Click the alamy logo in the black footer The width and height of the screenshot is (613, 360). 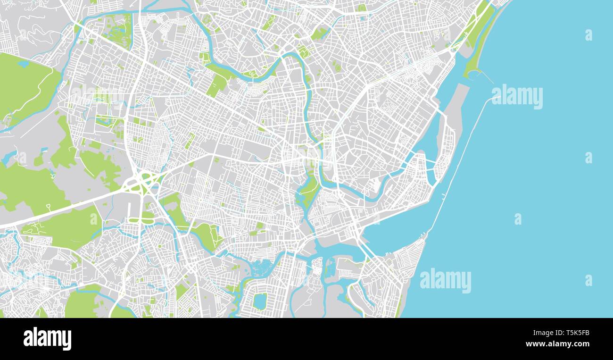(47, 339)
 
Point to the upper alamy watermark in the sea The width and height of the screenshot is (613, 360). (517, 97)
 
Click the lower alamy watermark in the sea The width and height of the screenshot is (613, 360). (445, 280)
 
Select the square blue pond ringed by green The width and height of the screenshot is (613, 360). (259, 301)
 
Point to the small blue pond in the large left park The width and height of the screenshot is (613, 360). (23, 64)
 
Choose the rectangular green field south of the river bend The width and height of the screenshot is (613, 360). (216, 85)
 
